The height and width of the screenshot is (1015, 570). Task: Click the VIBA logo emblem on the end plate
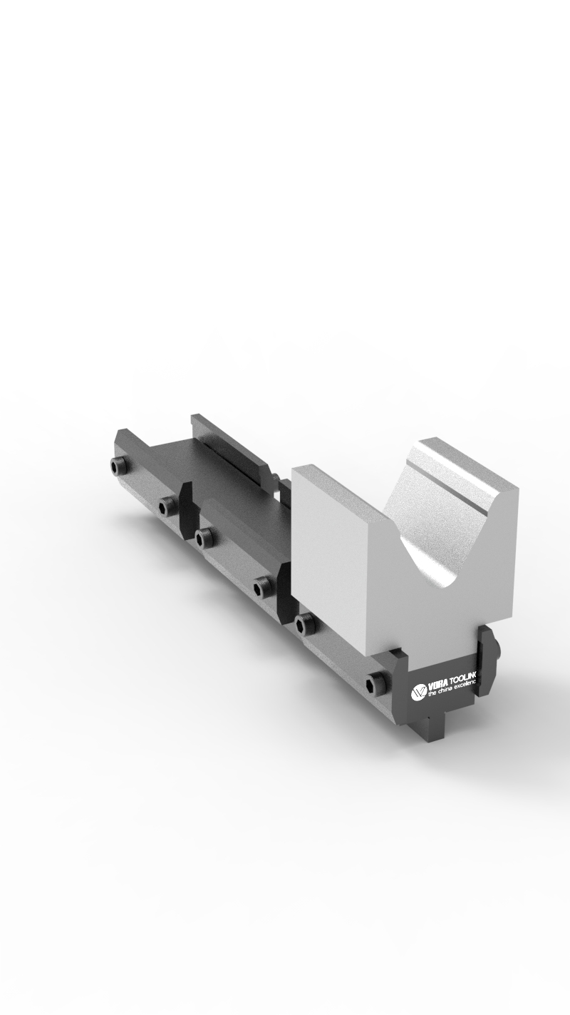(x=419, y=690)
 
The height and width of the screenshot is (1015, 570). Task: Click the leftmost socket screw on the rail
(x=118, y=466)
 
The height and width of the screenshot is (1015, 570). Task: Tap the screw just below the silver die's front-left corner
(x=304, y=623)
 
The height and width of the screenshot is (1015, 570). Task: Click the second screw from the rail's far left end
(x=167, y=506)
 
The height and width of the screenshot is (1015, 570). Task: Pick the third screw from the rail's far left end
(x=203, y=537)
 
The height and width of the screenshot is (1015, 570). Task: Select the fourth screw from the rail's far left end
(x=263, y=587)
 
